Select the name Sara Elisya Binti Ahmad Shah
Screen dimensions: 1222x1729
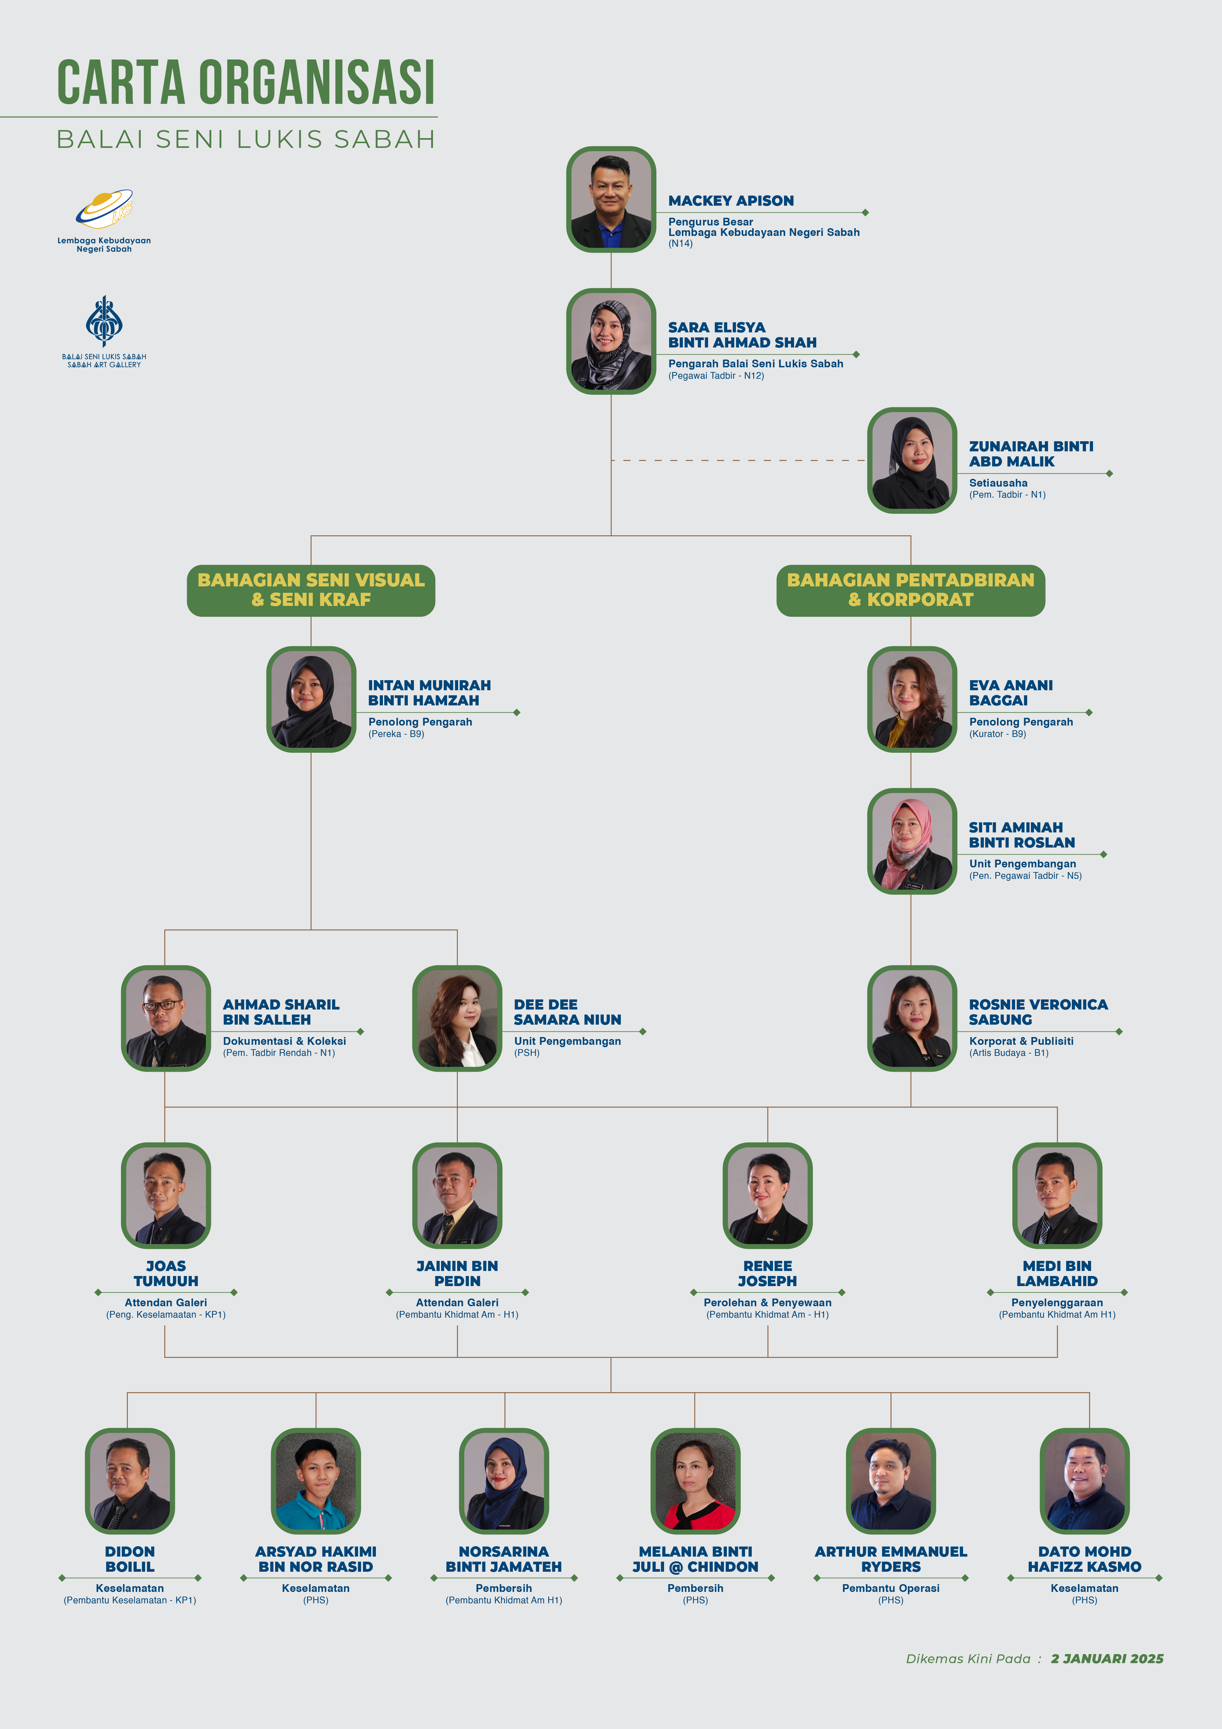click(x=742, y=335)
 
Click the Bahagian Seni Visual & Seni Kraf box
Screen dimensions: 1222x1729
click(x=311, y=590)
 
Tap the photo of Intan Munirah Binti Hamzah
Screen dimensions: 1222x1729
click(x=311, y=699)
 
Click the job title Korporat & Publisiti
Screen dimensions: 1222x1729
click(x=1021, y=1041)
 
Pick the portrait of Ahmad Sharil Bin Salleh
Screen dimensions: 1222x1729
click(x=166, y=1018)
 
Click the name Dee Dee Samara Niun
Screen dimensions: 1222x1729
click(x=568, y=1012)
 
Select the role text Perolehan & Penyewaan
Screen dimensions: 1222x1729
click(x=767, y=1302)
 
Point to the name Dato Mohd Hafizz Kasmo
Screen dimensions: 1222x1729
click(x=1084, y=1559)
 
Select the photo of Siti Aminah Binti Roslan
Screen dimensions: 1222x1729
click(x=912, y=841)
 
